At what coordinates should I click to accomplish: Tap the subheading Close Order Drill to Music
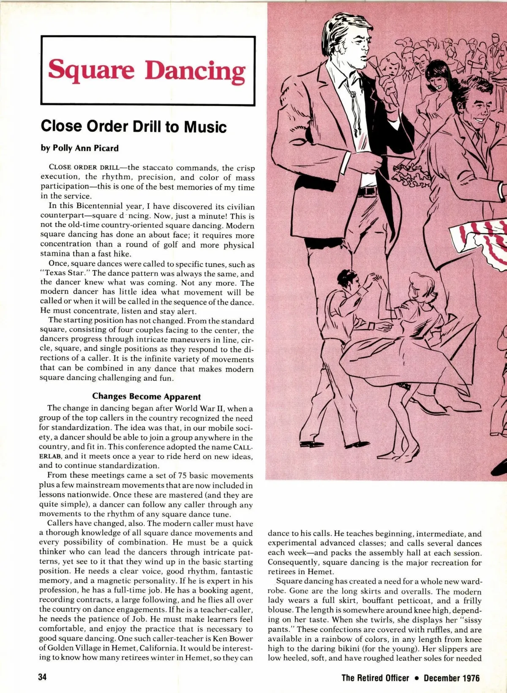134,126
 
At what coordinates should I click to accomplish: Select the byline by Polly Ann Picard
79,148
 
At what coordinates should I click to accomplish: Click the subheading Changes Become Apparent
146,396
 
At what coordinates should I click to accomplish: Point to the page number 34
42,677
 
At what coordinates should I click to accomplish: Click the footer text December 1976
452,678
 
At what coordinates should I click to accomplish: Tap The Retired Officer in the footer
375,678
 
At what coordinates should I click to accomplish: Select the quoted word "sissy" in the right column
470,620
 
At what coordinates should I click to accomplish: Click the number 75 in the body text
183,475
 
